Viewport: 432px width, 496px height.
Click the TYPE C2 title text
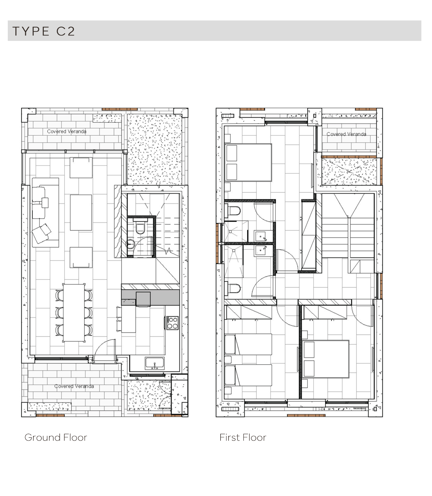[x=44, y=31]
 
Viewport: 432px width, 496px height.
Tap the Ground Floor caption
[x=56, y=437]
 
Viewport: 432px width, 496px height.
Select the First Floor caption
[x=243, y=437]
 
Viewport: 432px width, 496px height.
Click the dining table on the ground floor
[x=74, y=313]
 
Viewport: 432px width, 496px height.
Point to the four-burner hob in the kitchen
[x=172, y=323]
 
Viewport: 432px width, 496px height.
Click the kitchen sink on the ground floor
[x=154, y=363]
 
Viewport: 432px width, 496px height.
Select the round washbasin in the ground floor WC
[x=130, y=244]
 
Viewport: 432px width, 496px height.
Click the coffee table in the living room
[x=81, y=213]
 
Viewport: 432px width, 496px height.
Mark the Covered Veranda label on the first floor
[x=346, y=134]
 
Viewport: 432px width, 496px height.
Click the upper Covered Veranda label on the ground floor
[x=67, y=131]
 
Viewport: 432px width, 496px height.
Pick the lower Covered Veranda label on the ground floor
[x=74, y=386]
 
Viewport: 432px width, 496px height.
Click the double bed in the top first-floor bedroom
[x=248, y=162]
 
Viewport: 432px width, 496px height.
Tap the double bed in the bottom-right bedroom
[x=326, y=359]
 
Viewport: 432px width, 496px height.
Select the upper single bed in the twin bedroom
[x=248, y=344]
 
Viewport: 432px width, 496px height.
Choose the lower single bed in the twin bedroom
[x=248, y=375]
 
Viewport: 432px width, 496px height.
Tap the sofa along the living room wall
[x=45, y=212]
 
